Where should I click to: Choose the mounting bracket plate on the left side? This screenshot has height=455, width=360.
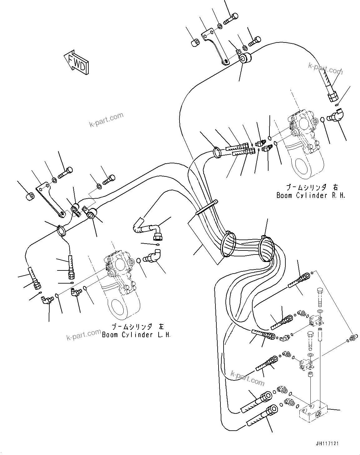point(50,200)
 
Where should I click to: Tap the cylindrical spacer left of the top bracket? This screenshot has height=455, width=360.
point(195,43)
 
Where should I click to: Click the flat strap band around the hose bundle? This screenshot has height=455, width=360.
point(206,207)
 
